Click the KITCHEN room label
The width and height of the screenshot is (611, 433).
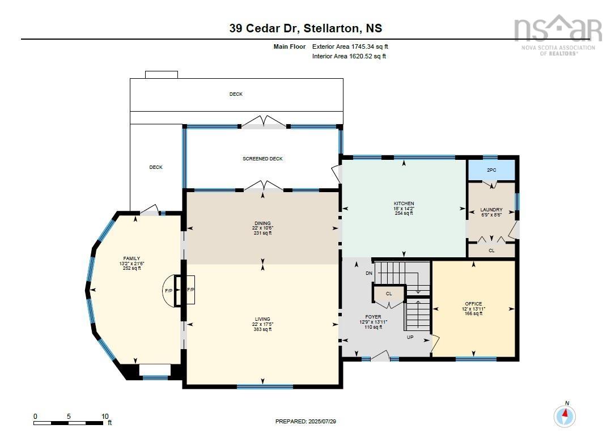[404, 203]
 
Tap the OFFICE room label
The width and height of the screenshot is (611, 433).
[473, 304]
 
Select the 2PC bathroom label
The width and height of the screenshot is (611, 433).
[491, 169]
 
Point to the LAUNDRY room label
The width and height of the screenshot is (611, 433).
[491, 210]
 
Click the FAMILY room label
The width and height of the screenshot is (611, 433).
[131, 258]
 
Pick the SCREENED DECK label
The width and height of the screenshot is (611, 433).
[262, 159]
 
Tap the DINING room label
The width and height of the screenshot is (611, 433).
[262, 223]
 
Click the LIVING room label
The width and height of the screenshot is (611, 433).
[262, 319]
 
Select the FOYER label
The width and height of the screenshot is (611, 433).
[373, 317]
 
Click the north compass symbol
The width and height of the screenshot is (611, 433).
[565, 415]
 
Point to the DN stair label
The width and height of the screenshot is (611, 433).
[369, 273]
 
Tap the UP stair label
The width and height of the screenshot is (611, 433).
[409, 337]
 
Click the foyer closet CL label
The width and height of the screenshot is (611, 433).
[389, 294]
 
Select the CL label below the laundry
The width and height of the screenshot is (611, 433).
[491, 250]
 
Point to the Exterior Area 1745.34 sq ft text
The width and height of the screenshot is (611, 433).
[350, 46]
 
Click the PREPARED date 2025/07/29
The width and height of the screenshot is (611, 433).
[309, 422]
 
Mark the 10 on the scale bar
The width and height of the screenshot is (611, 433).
[105, 417]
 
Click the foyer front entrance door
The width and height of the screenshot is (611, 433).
[380, 356]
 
